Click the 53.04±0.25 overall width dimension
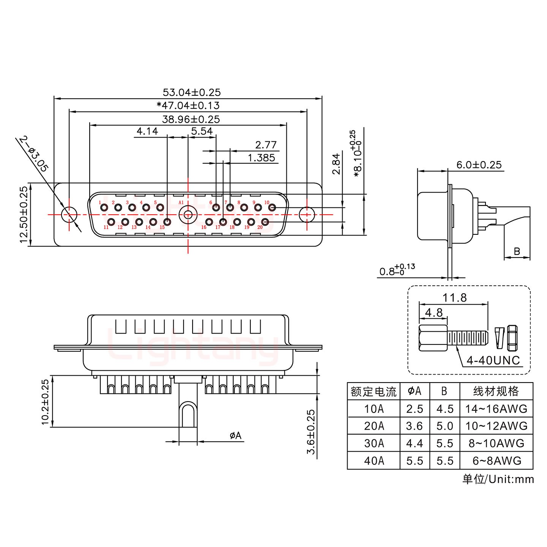click(191, 92)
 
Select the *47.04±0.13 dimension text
click(188, 105)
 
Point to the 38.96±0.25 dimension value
click(191, 119)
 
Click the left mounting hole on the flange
click(69, 215)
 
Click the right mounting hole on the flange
click(307, 215)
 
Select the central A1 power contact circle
click(187, 215)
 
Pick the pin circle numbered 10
click(272, 207)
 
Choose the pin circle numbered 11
click(111, 222)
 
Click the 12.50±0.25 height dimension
click(24, 215)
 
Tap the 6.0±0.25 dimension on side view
click(479, 165)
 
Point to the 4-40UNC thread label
click(493, 360)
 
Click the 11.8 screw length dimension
click(454, 297)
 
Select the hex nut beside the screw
click(512, 338)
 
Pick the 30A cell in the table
click(374, 443)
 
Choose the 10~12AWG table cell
click(496, 426)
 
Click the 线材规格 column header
click(496, 391)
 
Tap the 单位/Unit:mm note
click(498, 479)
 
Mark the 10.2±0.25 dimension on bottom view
click(45, 401)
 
